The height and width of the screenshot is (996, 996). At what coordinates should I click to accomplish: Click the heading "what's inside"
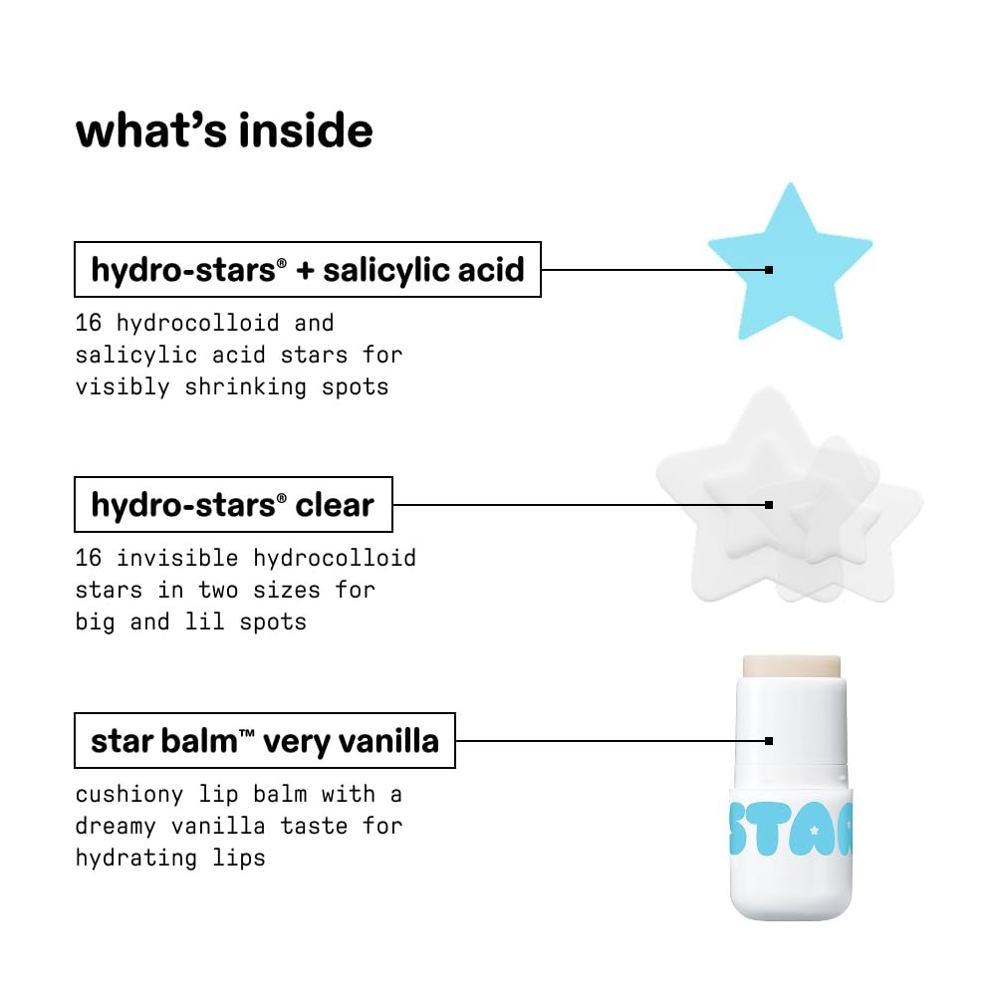[224, 130]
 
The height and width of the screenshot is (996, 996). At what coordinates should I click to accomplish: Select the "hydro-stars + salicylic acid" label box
[307, 269]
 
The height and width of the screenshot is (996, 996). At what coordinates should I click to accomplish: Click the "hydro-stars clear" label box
[233, 505]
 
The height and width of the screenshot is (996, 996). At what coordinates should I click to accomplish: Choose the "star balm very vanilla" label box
[264, 740]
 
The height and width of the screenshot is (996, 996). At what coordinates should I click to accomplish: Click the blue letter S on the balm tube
[747, 826]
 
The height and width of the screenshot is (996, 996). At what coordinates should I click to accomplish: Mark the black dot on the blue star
[769, 269]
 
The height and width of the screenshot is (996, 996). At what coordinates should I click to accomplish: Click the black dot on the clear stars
[769, 505]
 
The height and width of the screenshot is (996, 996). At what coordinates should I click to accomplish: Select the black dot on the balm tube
[769, 740]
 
